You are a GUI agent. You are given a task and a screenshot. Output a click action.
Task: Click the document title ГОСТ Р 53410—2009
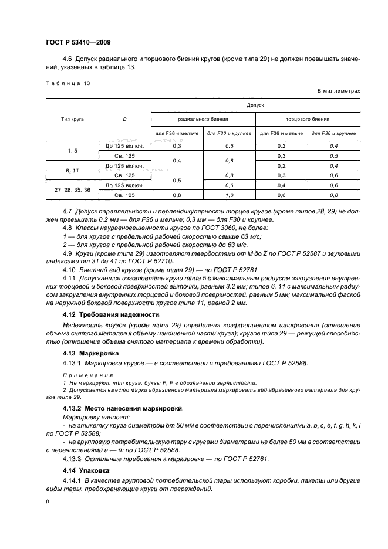coord(78,43)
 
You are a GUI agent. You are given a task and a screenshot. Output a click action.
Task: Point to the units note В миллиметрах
coord(338,92)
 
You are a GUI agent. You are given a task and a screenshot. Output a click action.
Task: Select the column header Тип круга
coord(72,119)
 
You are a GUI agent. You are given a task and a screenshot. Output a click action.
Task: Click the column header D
coord(125,119)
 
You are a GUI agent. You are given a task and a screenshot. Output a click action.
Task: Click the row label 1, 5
coord(72,151)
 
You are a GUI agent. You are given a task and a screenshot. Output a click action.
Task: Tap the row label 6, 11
coord(72,170)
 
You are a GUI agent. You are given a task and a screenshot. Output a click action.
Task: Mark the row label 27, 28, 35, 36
coord(72,191)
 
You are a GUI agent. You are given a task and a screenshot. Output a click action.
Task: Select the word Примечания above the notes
coord(83,374)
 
